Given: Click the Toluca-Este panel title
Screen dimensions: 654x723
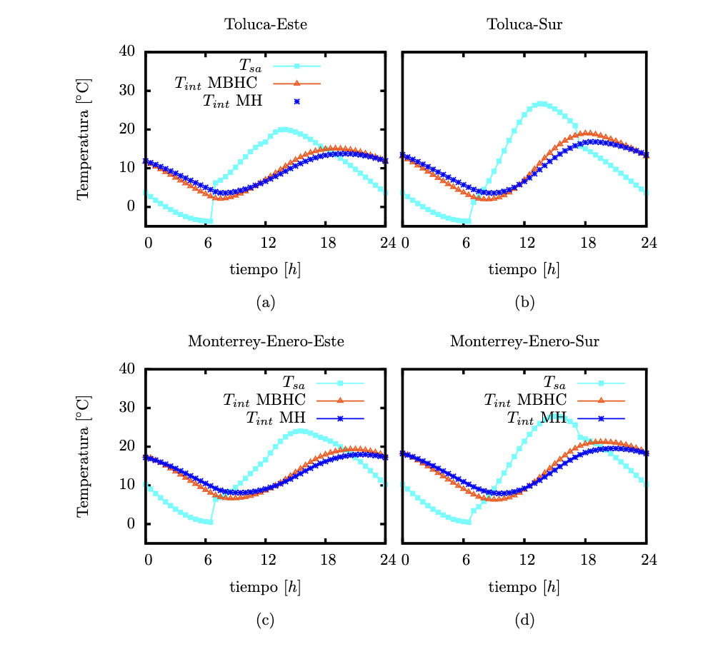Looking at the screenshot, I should tap(266, 24).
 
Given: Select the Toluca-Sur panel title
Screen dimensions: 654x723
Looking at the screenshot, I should tap(524, 24).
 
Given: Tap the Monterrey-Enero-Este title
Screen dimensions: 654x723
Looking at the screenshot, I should tap(266, 341).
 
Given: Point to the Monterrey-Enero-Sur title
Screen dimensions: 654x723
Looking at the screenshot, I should tap(524, 341).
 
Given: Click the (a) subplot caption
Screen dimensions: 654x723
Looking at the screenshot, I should tap(266, 303).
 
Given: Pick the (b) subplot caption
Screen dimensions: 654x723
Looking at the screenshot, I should tap(524, 303).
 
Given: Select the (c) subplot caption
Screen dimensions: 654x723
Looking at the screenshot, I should tap(266, 620).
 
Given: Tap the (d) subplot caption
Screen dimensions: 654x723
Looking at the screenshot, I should tap(524, 620).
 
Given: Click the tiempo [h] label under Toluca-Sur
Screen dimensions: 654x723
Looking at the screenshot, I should tap(524, 270).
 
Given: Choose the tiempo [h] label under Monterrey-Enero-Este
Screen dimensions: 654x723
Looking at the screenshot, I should tap(266, 588).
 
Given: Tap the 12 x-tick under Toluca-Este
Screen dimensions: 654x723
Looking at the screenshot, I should tap(268, 243).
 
